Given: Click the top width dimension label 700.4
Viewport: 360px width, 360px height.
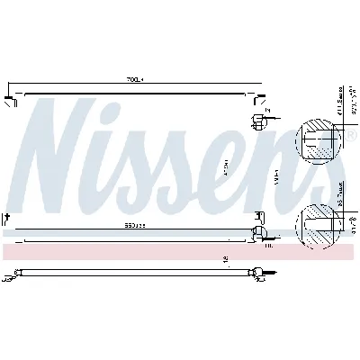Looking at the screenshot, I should click(134, 80).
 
